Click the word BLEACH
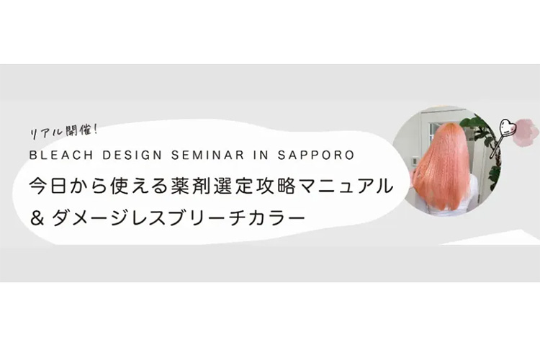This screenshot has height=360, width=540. [x=61, y=155]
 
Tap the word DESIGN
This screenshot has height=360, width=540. [x=132, y=155]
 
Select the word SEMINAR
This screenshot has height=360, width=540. [x=207, y=155]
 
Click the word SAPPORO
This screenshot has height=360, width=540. [x=316, y=155]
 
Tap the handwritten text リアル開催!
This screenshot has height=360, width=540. [x=64, y=131]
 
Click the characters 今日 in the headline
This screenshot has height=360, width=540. [x=48, y=186]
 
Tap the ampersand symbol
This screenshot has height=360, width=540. [x=37, y=217]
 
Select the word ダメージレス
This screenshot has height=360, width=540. [x=110, y=217]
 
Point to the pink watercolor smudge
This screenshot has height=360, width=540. [x=525, y=132]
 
